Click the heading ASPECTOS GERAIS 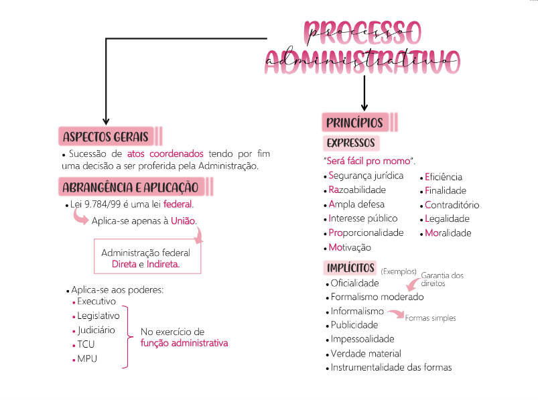[x=105, y=137]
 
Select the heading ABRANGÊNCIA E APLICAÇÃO [x=130, y=186]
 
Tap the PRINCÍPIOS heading [x=354, y=123]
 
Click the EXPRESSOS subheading [x=350, y=143]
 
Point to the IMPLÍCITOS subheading [x=350, y=268]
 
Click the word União [x=184, y=221]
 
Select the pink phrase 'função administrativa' [x=184, y=343]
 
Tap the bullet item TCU [x=86, y=344]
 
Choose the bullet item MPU [x=87, y=359]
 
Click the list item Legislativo [x=98, y=316]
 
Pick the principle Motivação [x=350, y=247]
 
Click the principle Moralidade [x=448, y=233]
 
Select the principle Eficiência [x=444, y=177]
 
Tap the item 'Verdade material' [x=366, y=353]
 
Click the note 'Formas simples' [x=430, y=318]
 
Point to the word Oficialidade [x=354, y=283]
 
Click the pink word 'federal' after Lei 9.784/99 [x=178, y=204]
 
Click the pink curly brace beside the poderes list [x=126, y=337]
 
